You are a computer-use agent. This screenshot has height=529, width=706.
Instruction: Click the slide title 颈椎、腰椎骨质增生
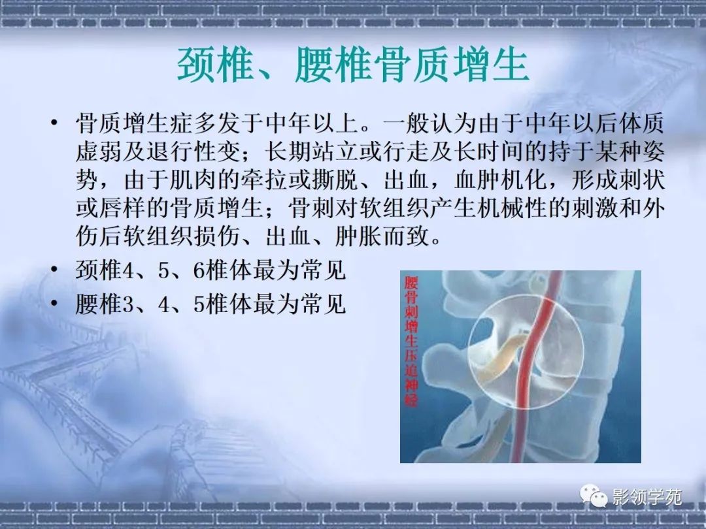tap(353, 66)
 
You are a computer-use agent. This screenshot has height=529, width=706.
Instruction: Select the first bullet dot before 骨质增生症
tap(54, 122)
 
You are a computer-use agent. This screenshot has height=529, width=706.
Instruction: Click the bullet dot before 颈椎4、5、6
tap(54, 270)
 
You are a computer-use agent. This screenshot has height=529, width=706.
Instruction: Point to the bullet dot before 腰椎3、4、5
tap(54, 303)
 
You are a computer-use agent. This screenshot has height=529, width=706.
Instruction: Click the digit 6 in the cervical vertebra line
tap(199, 270)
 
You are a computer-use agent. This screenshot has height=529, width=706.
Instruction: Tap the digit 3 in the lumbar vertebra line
tap(128, 304)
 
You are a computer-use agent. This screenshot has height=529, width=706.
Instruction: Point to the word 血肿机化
tap(501, 180)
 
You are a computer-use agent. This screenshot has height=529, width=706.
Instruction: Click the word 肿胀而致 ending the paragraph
tap(382, 236)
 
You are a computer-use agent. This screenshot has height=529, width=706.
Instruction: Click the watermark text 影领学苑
tap(647, 497)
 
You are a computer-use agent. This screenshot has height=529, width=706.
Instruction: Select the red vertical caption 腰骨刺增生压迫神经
tap(411, 342)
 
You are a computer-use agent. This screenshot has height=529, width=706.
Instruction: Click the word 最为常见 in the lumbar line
tap(299, 304)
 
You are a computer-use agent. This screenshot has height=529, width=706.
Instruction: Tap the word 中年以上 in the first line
tap(312, 123)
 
